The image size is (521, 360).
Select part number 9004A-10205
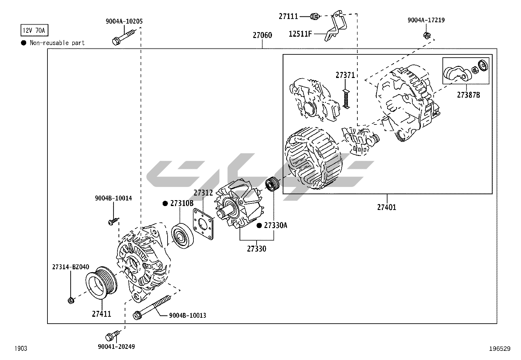124,21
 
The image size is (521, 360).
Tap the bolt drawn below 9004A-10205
123,37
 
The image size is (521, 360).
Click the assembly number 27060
262,35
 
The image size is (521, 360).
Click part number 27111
288,16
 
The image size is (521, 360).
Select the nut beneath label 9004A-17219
426,35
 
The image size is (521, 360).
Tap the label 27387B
468,95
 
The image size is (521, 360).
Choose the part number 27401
386,207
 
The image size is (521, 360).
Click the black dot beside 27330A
259,225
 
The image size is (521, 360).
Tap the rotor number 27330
256,249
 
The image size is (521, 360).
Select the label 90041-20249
116,347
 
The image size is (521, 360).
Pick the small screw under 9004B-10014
112,222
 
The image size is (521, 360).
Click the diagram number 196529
499,349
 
